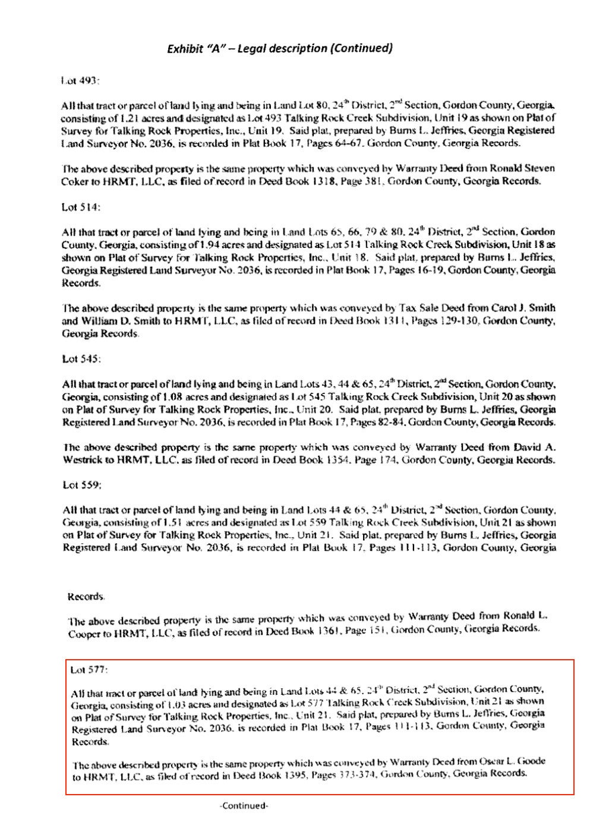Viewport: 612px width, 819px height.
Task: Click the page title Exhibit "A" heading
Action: click(x=279, y=48)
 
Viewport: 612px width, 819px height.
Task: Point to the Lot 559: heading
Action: click(x=82, y=484)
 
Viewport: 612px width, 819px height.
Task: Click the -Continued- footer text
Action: click(x=244, y=806)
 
